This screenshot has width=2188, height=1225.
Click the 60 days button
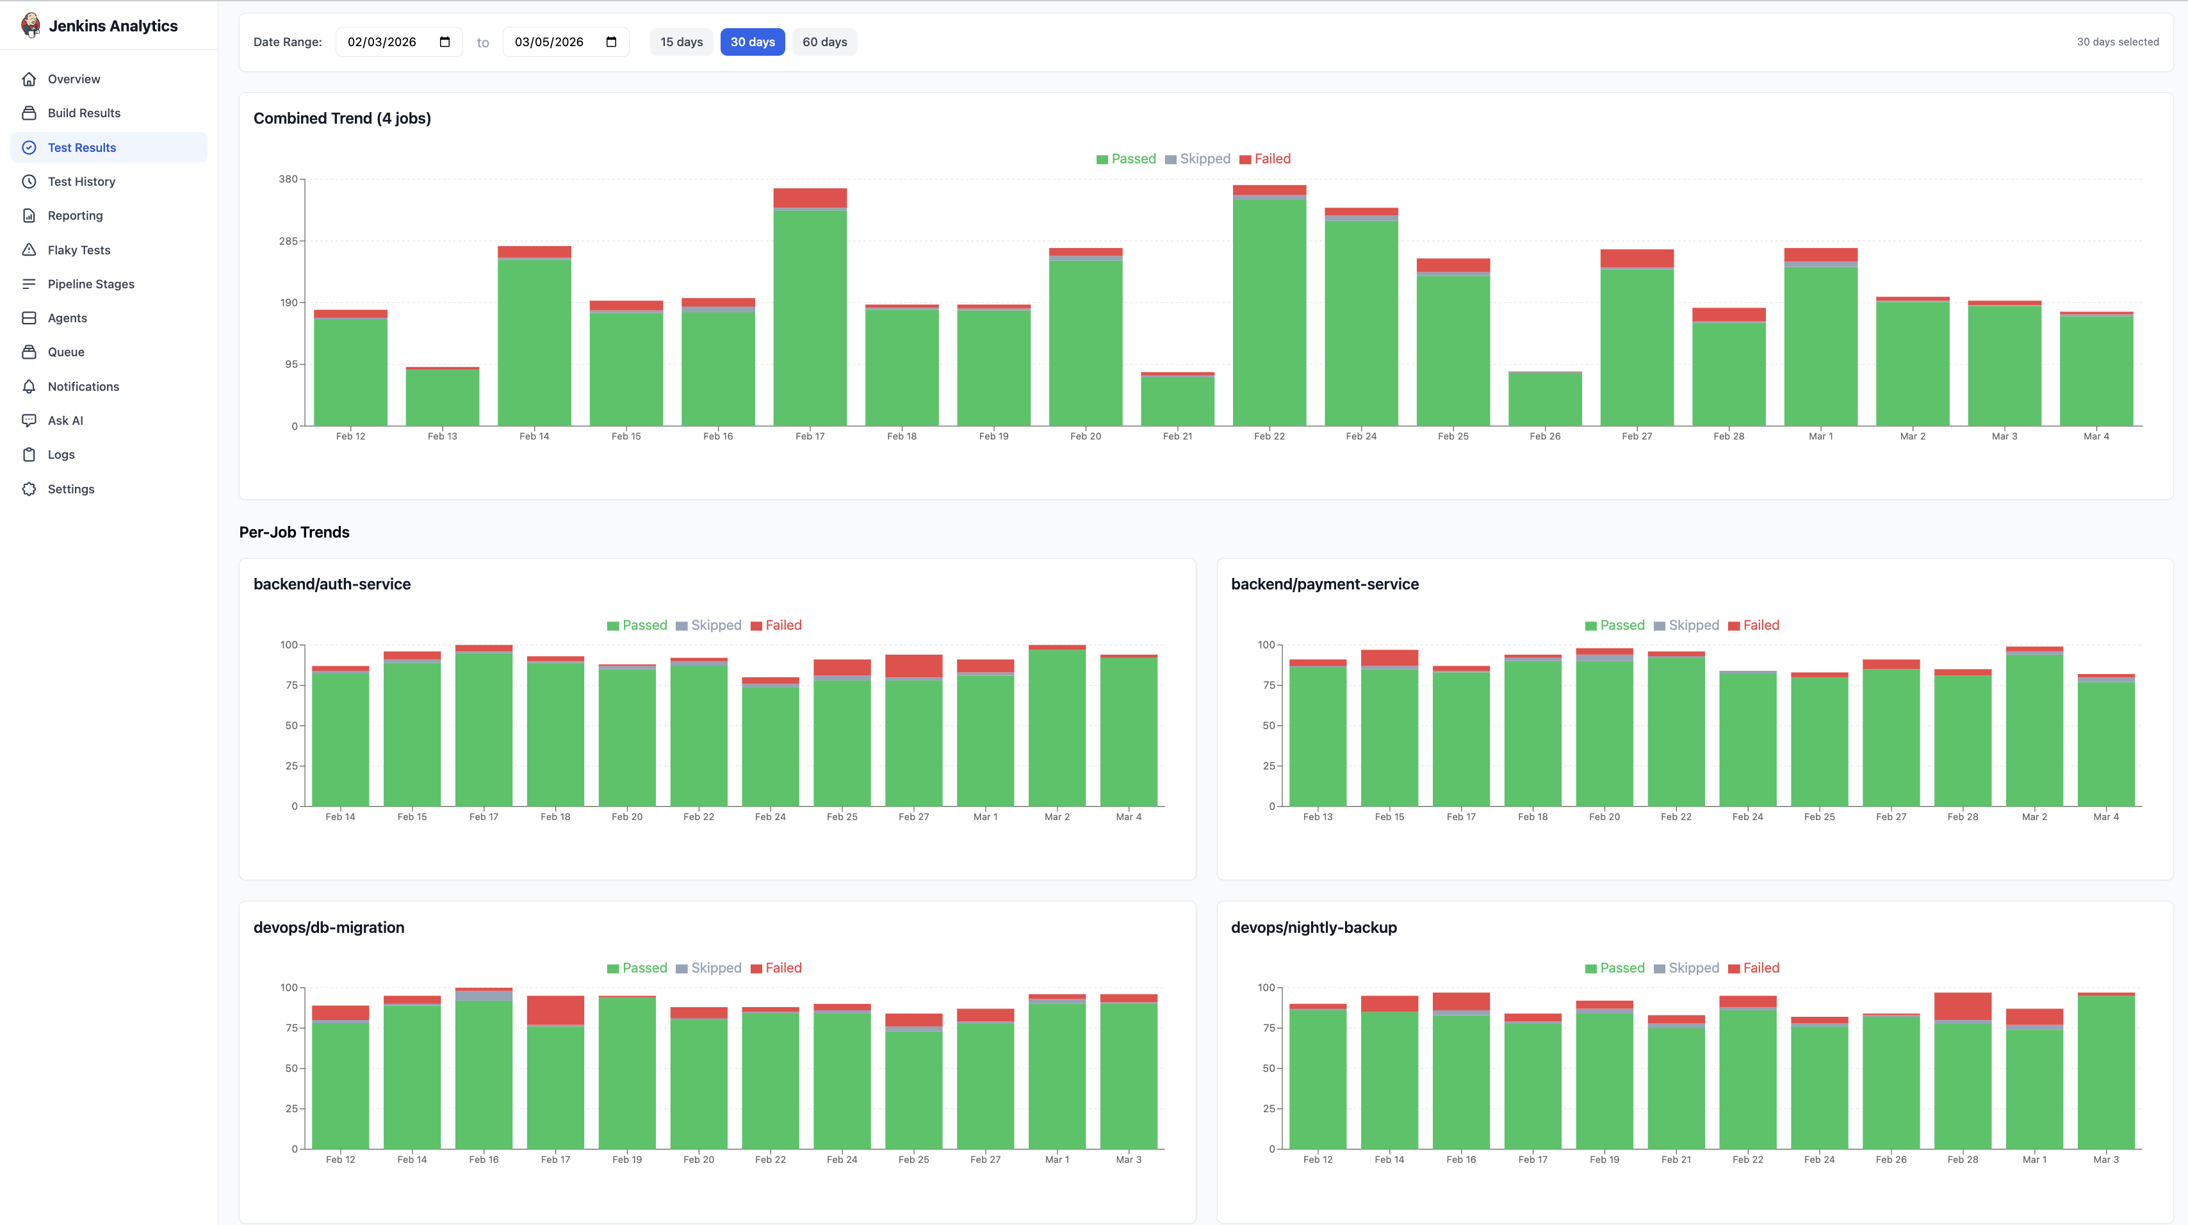pyautogui.click(x=824, y=42)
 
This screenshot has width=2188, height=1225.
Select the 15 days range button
pyautogui.click(x=682, y=42)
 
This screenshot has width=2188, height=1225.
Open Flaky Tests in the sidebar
pyautogui.click(x=78, y=250)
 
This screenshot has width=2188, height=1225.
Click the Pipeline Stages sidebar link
pyautogui.click(x=90, y=284)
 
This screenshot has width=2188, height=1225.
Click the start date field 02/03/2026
pyautogui.click(x=382, y=42)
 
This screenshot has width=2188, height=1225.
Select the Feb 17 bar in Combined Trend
pyautogui.click(x=810, y=315)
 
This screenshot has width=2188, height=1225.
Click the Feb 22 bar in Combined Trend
pyautogui.click(x=1269, y=310)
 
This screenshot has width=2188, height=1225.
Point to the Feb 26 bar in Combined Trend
pyautogui.click(x=1544, y=399)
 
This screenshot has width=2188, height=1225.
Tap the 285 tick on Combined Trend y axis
pyautogui.click(x=288, y=242)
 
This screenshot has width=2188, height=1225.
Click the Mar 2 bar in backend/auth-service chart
pyautogui.click(x=1057, y=727)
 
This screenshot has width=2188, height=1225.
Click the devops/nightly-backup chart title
pyautogui.click(x=1313, y=928)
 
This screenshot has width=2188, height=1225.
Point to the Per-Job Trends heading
pyautogui.click(x=294, y=532)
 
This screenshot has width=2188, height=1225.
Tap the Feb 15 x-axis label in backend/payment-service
pyautogui.click(x=1389, y=818)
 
